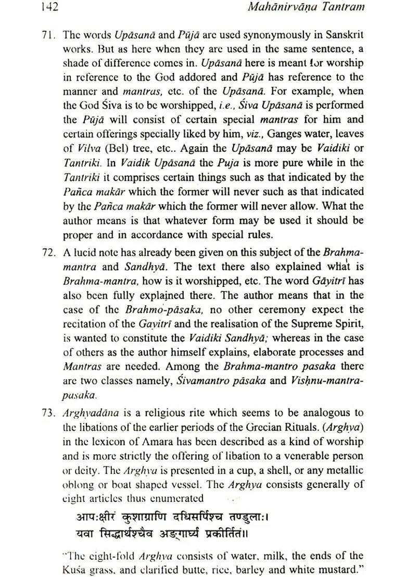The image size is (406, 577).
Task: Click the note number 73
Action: pos(48,412)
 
